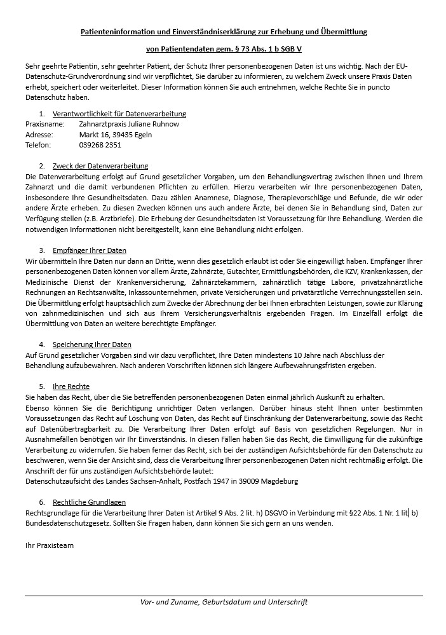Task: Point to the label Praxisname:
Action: tap(45, 124)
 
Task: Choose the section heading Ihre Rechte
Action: tap(71, 386)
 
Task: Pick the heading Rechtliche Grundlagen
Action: tap(90, 502)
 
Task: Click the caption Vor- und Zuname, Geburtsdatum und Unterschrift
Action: tap(224, 602)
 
